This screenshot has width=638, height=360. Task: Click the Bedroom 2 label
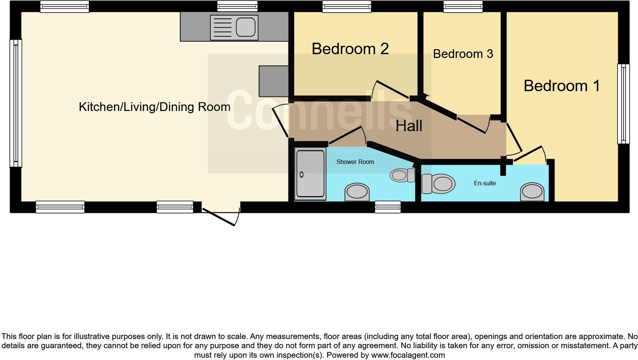tap(350, 49)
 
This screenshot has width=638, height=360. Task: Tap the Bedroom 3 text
tap(463, 54)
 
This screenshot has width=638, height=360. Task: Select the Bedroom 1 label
tap(561, 86)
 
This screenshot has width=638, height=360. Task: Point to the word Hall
tap(409, 126)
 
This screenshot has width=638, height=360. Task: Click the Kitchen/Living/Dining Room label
tap(155, 107)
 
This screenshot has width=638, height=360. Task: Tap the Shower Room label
tap(355, 162)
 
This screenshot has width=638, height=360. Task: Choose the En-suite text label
tap(485, 183)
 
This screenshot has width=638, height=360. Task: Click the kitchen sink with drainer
tap(234, 27)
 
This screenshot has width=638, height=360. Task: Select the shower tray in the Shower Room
tap(311, 174)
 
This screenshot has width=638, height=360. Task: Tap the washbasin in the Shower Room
tap(357, 192)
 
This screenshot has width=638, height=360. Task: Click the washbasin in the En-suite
tap(532, 191)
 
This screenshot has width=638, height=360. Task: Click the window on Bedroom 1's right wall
tap(623, 103)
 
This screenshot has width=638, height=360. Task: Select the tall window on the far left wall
tap(16, 103)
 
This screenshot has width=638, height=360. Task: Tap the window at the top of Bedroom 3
tap(463, 6)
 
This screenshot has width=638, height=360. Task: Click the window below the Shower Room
tap(388, 207)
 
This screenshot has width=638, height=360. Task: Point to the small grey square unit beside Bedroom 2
tap(274, 81)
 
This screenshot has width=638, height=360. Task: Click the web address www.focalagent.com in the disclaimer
tap(408, 355)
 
